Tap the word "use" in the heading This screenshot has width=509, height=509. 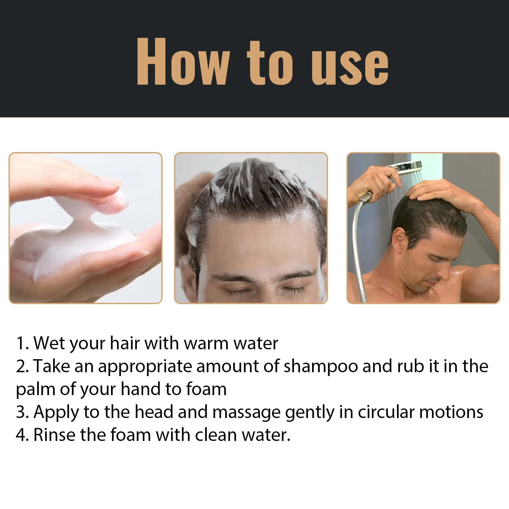[x=350, y=65]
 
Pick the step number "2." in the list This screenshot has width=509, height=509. [x=22, y=366]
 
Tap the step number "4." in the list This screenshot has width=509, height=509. [x=22, y=435]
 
